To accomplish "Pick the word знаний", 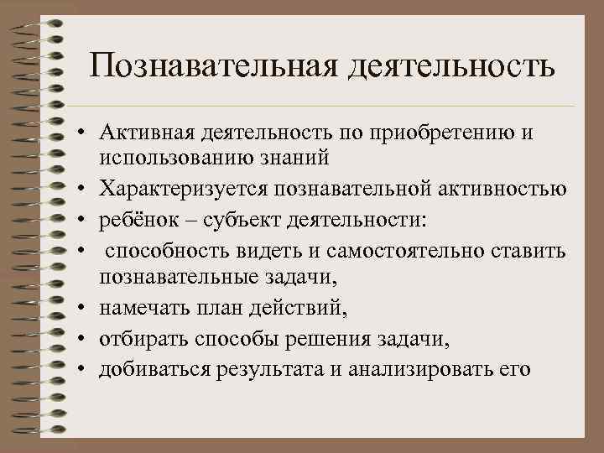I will pyautogui.click(x=283, y=158).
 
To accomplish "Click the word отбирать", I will pyautogui.click(x=138, y=339).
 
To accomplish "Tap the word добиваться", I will pyautogui.click(x=148, y=368).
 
